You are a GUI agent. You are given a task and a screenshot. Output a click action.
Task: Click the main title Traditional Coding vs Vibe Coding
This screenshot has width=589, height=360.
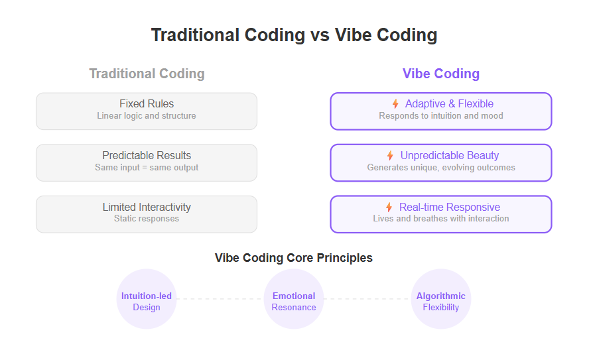click(294, 35)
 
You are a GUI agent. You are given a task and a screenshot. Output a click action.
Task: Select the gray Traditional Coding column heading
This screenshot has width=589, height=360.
click(147, 74)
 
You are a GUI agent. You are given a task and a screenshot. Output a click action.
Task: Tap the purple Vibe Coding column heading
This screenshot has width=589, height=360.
click(441, 74)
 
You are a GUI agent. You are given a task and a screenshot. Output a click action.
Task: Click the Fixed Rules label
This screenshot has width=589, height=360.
click(147, 103)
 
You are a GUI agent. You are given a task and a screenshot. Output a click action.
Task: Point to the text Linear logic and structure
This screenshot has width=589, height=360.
click(147, 115)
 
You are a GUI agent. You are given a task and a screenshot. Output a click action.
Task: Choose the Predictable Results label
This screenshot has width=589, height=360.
click(147, 155)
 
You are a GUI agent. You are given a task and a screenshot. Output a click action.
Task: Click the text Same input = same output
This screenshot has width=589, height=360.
click(147, 168)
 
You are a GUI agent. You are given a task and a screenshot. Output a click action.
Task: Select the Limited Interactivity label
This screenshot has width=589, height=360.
click(147, 207)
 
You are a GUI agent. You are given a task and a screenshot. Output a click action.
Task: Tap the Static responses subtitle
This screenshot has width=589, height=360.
click(147, 219)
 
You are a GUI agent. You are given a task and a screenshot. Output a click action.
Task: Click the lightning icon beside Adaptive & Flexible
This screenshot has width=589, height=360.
click(395, 103)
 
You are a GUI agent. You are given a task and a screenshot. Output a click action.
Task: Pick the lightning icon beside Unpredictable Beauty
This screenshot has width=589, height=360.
click(390, 155)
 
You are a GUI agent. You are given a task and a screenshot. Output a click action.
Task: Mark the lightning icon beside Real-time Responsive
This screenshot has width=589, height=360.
click(389, 207)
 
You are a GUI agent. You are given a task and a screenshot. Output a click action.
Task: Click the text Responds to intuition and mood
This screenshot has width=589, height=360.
click(441, 115)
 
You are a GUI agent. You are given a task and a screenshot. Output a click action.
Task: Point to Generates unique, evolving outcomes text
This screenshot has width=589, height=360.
click(441, 168)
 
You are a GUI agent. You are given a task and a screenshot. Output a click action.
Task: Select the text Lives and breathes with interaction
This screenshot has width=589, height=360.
click(441, 219)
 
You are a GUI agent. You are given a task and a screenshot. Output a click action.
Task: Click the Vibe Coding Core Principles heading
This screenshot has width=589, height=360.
click(294, 258)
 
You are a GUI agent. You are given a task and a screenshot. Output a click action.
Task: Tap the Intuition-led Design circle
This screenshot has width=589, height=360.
click(147, 299)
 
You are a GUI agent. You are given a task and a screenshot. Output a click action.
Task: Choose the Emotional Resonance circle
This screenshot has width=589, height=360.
click(294, 299)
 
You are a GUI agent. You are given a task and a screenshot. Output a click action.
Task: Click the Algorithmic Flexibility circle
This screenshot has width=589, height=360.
click(441, 299)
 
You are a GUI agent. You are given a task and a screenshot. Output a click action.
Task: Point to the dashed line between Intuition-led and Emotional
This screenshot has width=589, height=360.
click(220, 299)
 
